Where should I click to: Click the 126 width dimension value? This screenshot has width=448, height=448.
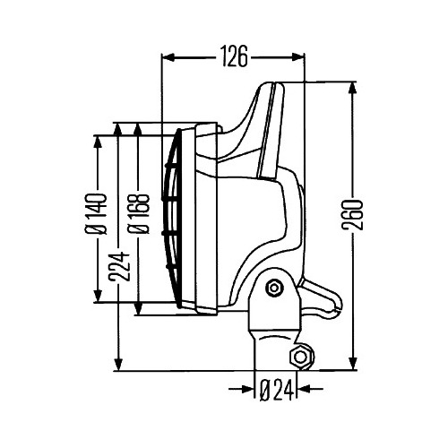coord(235,56)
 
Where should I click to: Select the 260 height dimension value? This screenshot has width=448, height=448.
coord(352,215)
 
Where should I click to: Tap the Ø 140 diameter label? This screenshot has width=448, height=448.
coord(96,213)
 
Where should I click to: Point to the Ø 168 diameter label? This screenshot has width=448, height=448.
coord(138,213)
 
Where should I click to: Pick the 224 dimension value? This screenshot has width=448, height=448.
coord(119,267)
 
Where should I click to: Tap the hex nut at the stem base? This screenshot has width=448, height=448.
coord(302,357)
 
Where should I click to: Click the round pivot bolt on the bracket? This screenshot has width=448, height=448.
coord(274,289)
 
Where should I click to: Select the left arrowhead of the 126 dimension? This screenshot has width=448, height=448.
coord(168,57)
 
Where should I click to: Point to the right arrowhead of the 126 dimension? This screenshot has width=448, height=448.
coord(298,57)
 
